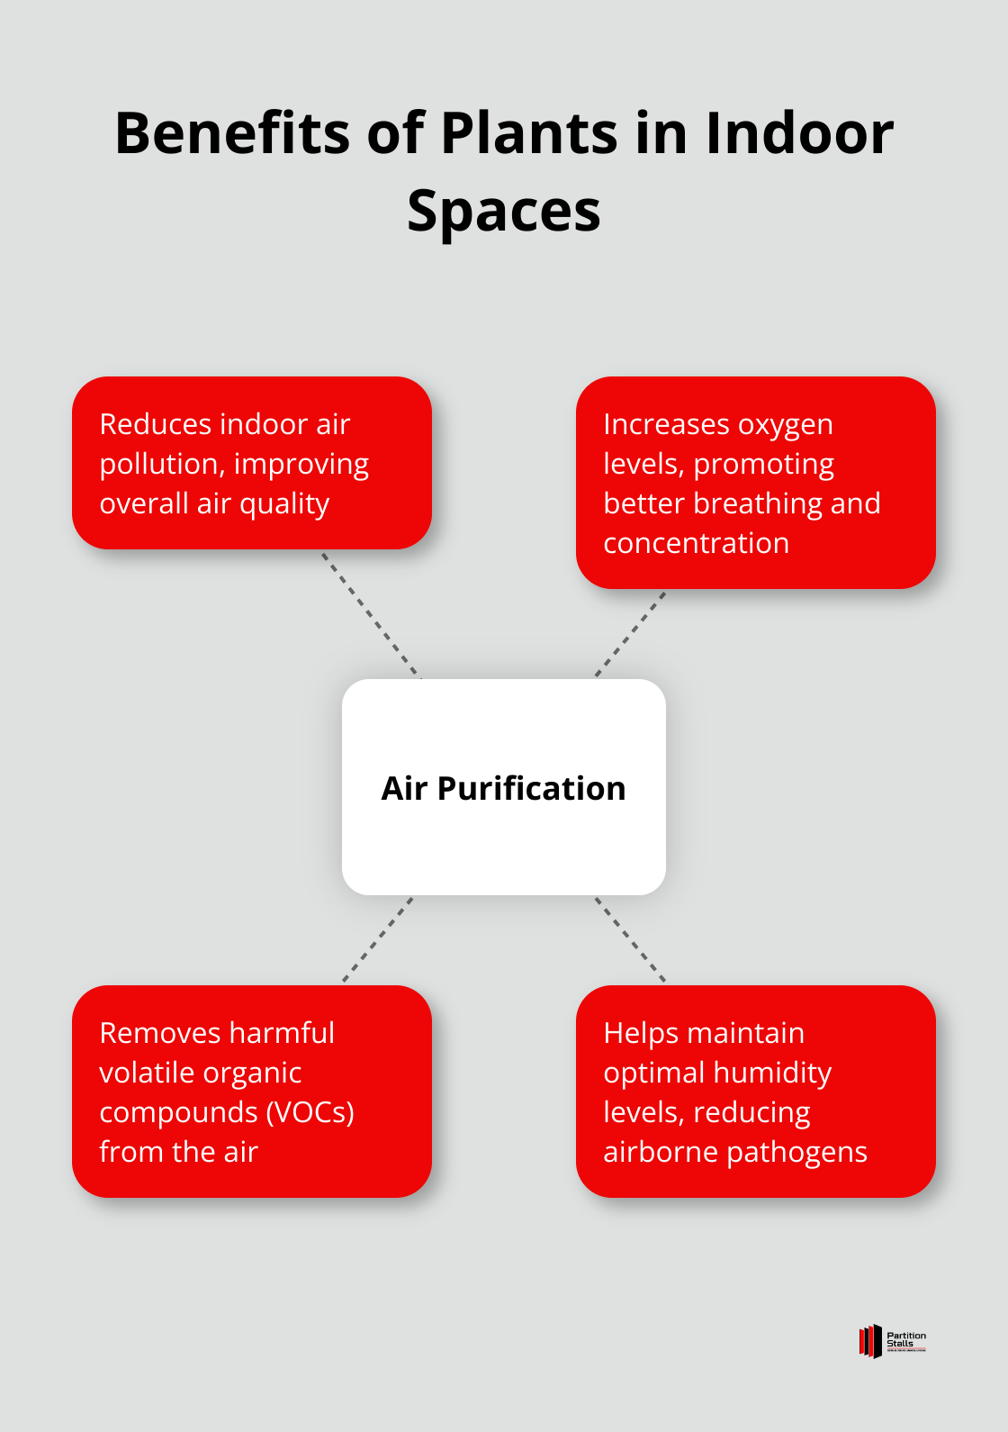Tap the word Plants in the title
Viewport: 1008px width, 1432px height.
coord(530,133)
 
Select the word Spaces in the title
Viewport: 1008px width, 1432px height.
coord(504,213)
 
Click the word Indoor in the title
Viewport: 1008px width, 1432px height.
coord(799,133)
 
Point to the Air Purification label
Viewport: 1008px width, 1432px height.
coord(504,788)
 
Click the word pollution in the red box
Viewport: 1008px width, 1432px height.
coord(161,464)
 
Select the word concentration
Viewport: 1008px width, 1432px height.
coord(696,543)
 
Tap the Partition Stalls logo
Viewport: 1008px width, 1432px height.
coord(892,1341)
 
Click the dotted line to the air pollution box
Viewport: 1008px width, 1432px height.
coord(371,614)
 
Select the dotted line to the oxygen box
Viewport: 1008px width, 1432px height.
coord(630,633)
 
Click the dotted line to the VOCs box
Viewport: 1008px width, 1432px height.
coord(378,938)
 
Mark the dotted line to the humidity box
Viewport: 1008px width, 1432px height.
coord(630,938)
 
